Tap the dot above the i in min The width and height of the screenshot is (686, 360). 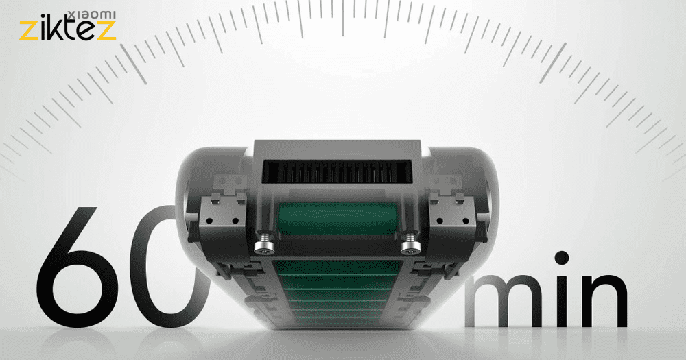[x=561, y=258]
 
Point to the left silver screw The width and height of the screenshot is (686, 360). [x=264, y=243]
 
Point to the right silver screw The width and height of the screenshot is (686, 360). [x=410, y=243]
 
